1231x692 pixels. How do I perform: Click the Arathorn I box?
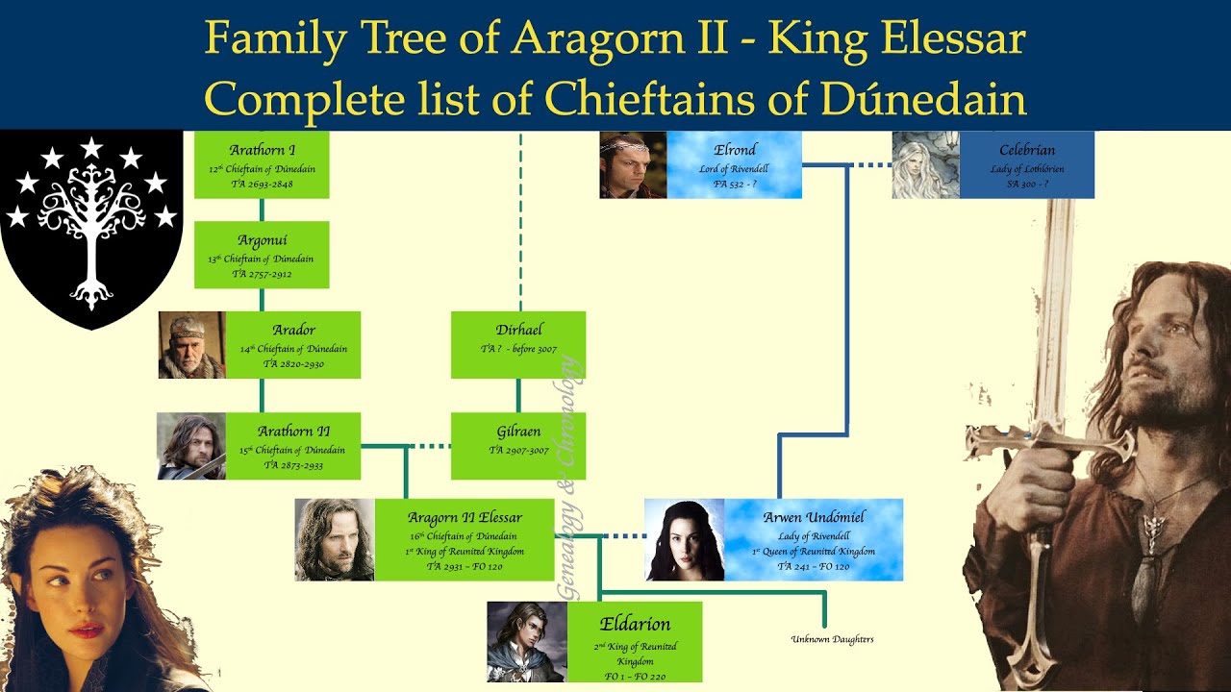(262, 165)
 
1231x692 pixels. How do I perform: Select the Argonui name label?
(262, 239)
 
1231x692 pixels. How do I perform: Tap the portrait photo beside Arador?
(191, 345)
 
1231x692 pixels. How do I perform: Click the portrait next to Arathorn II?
(191, 446)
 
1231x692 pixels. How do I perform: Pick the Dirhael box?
(518, 345)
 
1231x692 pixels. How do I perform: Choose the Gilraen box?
(518, 446)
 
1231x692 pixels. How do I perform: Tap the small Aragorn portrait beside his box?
(334, 539)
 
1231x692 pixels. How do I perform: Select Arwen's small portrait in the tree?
(684, 540)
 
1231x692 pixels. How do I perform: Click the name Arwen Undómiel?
(814, 517)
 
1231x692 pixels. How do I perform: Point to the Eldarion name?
(635, 624)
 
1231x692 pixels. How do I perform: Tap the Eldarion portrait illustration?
(527, 642)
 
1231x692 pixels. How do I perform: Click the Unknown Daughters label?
(832, 639)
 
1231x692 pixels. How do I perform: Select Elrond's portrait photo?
(633, 165)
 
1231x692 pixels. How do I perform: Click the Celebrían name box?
(1027, 150)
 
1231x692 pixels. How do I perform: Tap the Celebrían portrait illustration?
(925, 165)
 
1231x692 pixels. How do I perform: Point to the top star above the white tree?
(91, 147)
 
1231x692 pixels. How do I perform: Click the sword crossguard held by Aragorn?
(1048, 444)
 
